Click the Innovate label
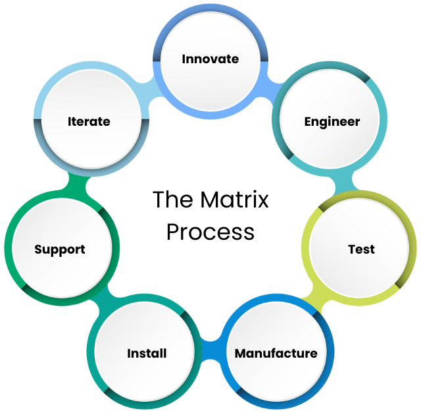[x=210, y=59]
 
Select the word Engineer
[x=332, y=122]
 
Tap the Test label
[x=361, y=250]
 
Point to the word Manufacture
[x=276, y=354]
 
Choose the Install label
[x=147, y=354]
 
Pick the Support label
[x=60, y=250]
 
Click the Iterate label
[x=89, y=122]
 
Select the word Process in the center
[x=210, y=232]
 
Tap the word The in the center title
[x=171, y=200]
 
